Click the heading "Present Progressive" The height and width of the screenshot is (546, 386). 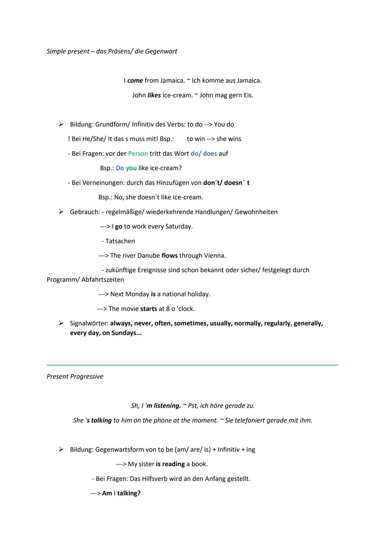(75, 377)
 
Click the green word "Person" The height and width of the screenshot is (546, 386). (138, 153)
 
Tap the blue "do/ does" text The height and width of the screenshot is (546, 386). (204, 153)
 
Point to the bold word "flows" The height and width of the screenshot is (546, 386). (169, 256)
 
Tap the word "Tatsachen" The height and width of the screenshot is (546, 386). (120, 241)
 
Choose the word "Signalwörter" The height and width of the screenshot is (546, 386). (89, 323)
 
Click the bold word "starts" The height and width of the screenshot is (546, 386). (149, 309)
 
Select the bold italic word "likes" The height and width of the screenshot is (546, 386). (154, 95)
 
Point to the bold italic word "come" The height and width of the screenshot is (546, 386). (135, 80)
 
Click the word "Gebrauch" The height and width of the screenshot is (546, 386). (85, 212)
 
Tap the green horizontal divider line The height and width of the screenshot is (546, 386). (192, 365)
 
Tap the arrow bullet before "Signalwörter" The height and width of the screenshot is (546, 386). (61, 323)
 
